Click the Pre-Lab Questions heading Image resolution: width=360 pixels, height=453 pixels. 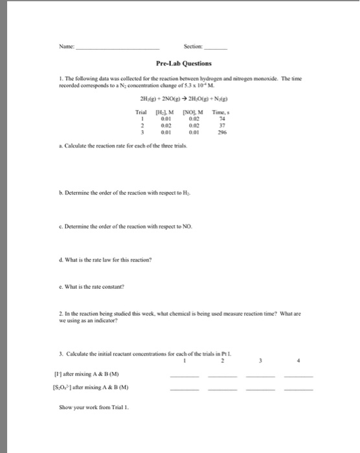pos(179,63)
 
